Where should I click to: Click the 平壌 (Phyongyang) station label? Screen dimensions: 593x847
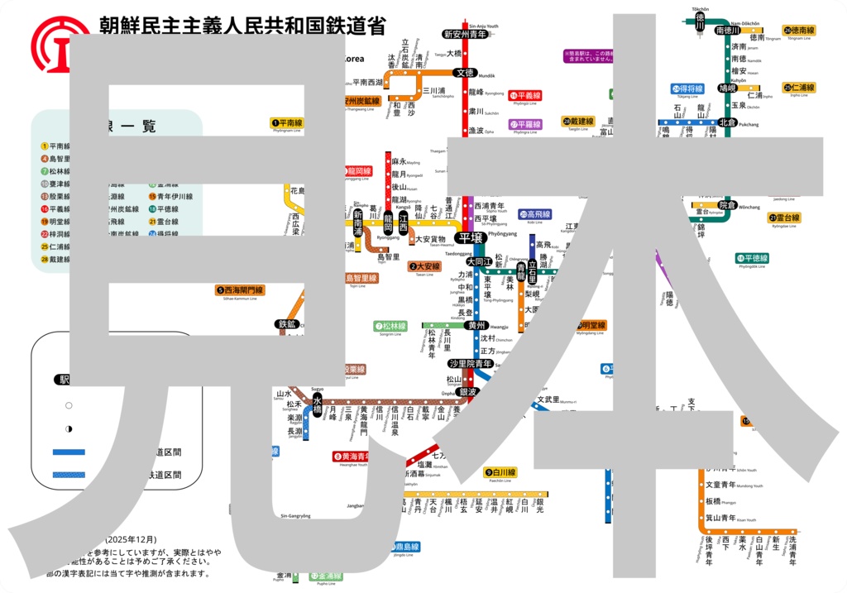coord(471,238)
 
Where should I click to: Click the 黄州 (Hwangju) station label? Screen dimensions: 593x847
coord(476,326)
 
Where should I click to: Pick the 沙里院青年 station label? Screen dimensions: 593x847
coord(471,364)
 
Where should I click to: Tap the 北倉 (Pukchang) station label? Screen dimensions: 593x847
coord(727,122)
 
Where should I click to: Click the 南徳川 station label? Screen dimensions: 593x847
coord(729,30)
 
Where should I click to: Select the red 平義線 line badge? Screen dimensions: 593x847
coord(525,96)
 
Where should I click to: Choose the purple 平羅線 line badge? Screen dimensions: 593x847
coord(525,125)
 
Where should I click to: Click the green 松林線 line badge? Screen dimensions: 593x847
coord(390,327)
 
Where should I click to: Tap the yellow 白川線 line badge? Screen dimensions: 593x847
coord(500,472)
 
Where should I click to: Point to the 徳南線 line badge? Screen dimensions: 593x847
coord(799,31)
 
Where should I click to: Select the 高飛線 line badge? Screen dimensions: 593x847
coord(535,214)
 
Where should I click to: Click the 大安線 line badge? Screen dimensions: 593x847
coord(424,266)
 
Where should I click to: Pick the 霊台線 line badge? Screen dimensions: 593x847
coord(785,218)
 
